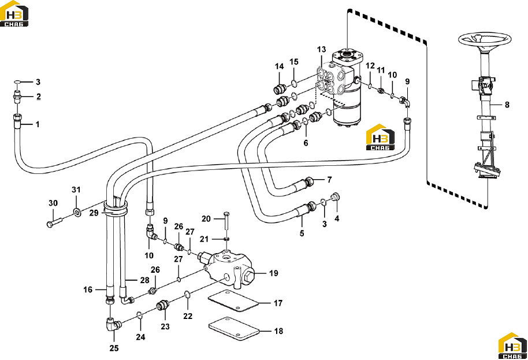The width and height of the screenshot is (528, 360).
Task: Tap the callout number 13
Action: (322, 50)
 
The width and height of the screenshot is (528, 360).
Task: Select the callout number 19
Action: (274, 273)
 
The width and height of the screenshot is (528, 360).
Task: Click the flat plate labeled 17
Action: (233, 302)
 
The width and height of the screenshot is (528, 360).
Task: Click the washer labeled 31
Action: (77, 212)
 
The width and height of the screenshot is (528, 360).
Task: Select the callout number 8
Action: (507, 105)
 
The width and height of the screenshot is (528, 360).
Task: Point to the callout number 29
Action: (94, 213)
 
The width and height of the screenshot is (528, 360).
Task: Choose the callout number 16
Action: (88, 290)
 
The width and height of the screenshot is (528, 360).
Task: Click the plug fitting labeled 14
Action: (280, 89)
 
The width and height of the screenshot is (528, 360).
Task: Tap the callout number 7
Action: (330, 180)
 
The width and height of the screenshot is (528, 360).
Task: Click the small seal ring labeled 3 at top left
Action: (18, 82)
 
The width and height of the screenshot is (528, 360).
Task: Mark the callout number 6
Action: (306, 143)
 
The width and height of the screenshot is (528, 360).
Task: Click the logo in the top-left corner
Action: (14, 13)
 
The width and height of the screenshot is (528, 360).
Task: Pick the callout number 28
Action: (145, 280)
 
